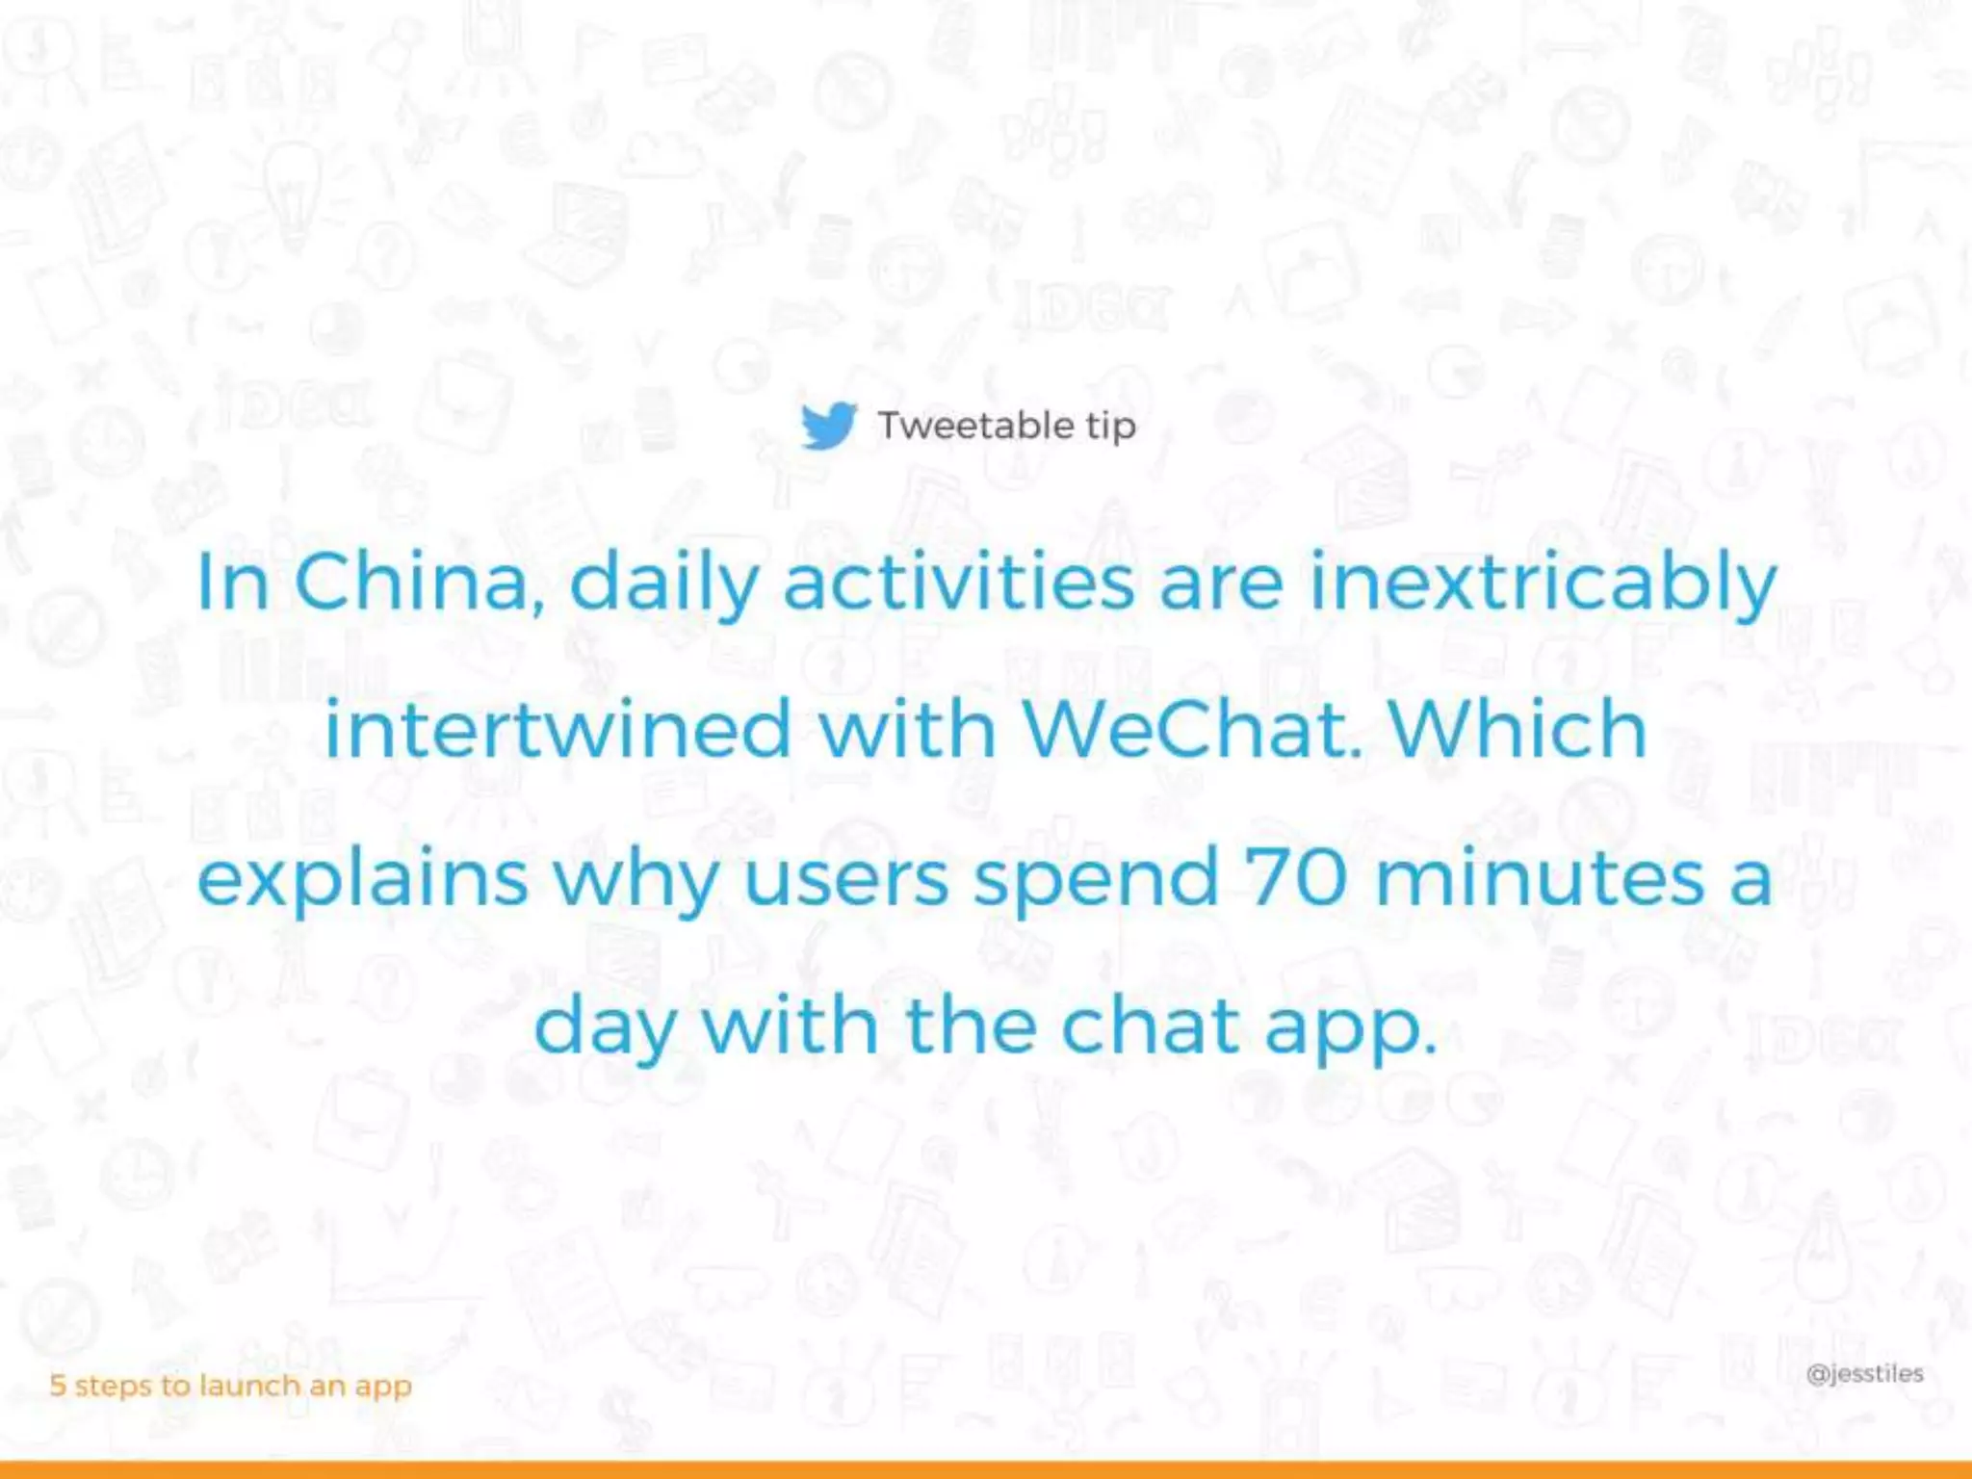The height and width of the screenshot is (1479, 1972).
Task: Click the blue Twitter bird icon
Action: [x=828, y=426]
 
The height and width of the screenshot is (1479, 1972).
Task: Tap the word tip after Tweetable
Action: [x=1111, y=428]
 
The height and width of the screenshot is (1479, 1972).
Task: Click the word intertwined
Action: [x=558, y=729]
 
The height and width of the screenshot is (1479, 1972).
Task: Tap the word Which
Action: [x=1518, y=729]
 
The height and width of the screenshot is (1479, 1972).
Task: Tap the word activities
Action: [x=959, y=582]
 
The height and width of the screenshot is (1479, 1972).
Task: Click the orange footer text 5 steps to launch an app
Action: [x=231, y=1386]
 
